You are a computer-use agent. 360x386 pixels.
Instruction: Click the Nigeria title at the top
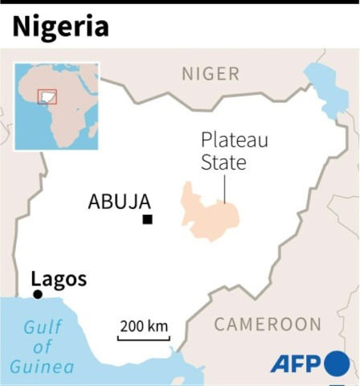click(59, 26)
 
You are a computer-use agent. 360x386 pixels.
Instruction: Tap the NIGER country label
click(211, 74)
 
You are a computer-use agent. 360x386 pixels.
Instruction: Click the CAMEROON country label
click(268, 324)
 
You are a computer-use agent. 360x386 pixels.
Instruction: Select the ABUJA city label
click(118, 202)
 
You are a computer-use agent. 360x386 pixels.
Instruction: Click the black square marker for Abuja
click(147, 219)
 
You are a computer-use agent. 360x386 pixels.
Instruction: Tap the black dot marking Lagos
click(37, 295)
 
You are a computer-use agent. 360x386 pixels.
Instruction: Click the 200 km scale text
click(144, 326)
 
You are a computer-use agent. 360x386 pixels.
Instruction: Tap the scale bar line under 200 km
click(144, 338)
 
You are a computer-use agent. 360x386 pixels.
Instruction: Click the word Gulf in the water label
click(42, 327)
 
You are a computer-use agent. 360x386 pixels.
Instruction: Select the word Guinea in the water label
click(42, 368)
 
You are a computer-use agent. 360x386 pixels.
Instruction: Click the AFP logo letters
click(295, 363)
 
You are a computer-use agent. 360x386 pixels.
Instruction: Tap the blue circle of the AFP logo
click(336, 363)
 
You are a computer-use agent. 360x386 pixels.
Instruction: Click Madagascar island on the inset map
click(92, 129)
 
